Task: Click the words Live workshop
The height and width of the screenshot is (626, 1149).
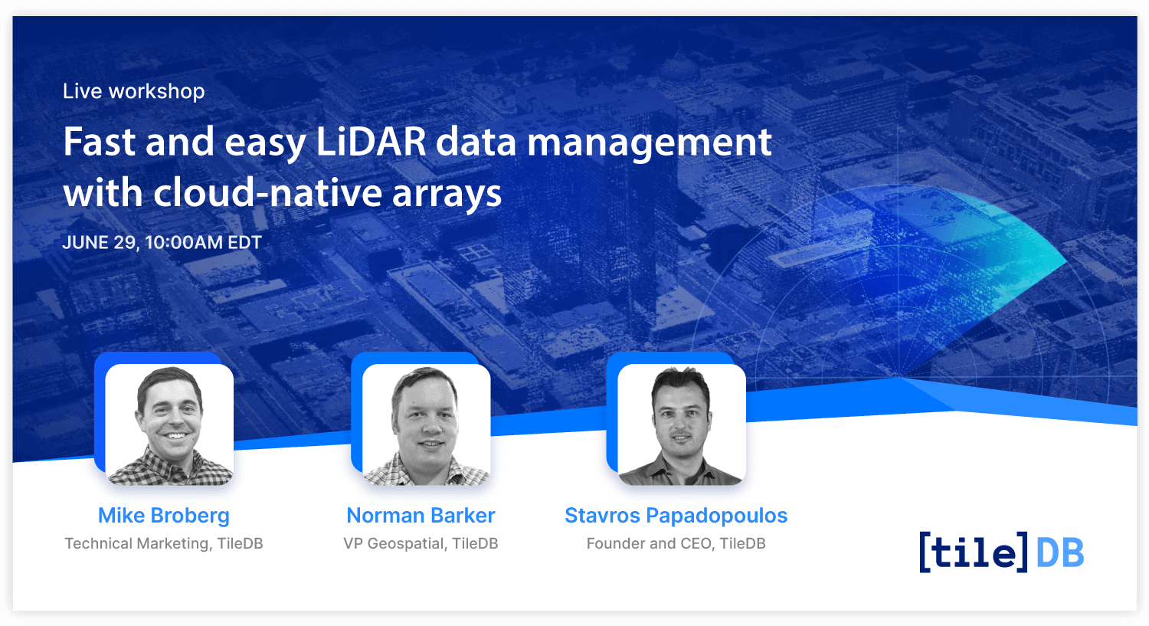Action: point(133,91)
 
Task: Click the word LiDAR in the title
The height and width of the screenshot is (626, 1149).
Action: point(371,142)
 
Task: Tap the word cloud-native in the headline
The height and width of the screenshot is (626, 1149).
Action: point(267,192)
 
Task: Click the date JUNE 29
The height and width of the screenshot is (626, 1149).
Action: point(100,243)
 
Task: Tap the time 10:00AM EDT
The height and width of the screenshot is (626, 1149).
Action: point(203,242)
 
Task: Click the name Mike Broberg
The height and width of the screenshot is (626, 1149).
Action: point(164,515)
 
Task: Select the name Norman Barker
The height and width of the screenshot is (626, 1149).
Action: point(421,515)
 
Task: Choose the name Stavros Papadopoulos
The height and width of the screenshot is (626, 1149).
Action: point(676,515)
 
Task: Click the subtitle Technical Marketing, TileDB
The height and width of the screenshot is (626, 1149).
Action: point(164,543)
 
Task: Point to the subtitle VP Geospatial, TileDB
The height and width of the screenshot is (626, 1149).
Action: point(421,543)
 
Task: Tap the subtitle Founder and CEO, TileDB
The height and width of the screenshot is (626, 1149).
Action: point(676,543)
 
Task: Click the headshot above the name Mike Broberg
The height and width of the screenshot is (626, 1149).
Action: point(169,424)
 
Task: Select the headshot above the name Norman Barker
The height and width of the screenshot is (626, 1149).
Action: point(426,424)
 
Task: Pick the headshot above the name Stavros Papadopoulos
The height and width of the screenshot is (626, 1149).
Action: point(682,424)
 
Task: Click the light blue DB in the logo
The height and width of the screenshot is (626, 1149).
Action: point(1059,553)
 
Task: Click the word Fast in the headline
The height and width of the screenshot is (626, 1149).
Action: point(100,142)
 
